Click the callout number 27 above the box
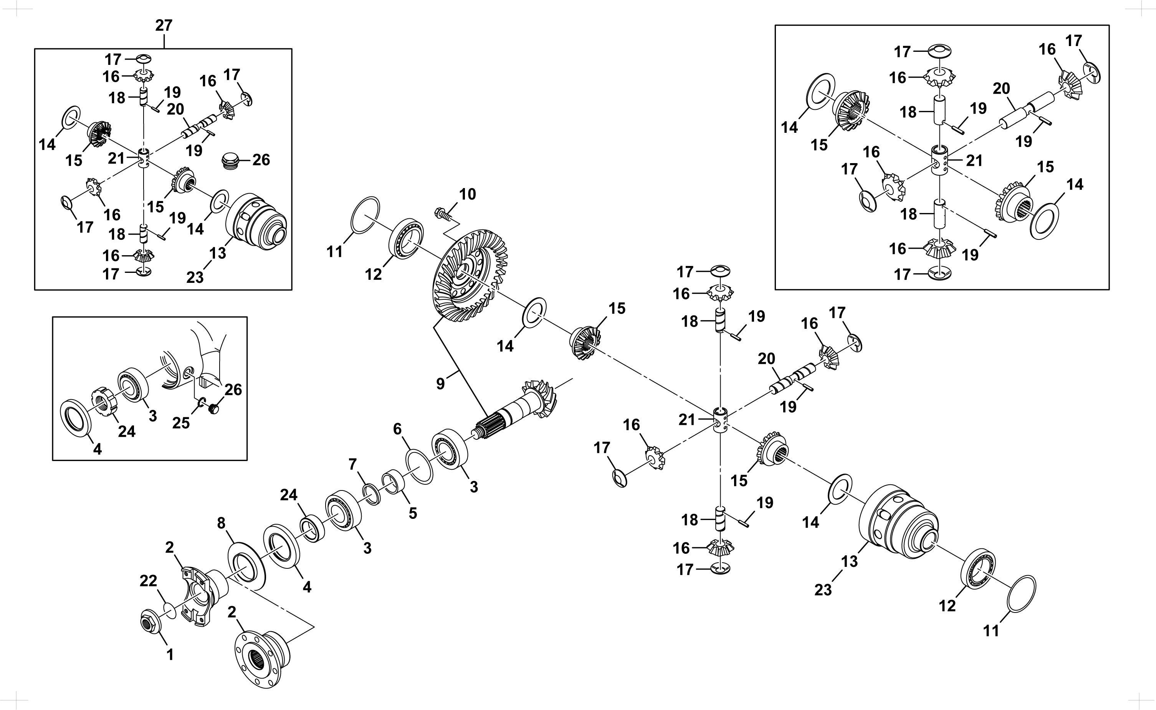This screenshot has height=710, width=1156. [x=164, y=25]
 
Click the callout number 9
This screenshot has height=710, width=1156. [x=440, y=384]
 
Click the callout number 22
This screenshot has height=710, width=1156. [x=149, y=581]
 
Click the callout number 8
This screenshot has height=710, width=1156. [x=221, y=523]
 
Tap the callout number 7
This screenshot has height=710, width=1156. [x=353, y=464]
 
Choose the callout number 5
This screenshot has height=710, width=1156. [x=413, y=513]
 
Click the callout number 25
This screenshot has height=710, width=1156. [x=181, y=423]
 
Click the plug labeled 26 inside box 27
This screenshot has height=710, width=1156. [x=230, y=160]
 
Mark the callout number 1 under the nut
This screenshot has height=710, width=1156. [x=170, y=655]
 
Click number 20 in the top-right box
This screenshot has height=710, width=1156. [x=1001, y=88]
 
